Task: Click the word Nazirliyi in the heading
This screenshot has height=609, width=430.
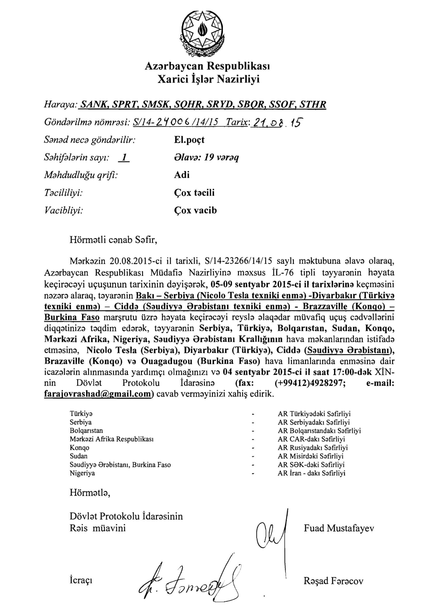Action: (238, 79)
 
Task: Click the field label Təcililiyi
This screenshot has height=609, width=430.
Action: (63, 193)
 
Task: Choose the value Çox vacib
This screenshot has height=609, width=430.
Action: (196, 210)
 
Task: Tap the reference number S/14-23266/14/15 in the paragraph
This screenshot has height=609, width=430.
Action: (239, 261)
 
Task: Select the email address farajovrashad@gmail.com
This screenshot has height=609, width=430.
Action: (98, 394)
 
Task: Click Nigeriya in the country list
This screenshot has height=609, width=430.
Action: (82, 473)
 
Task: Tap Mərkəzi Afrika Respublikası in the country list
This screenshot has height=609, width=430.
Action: (112, 439)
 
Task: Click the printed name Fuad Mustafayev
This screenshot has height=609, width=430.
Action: (339, 528)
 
